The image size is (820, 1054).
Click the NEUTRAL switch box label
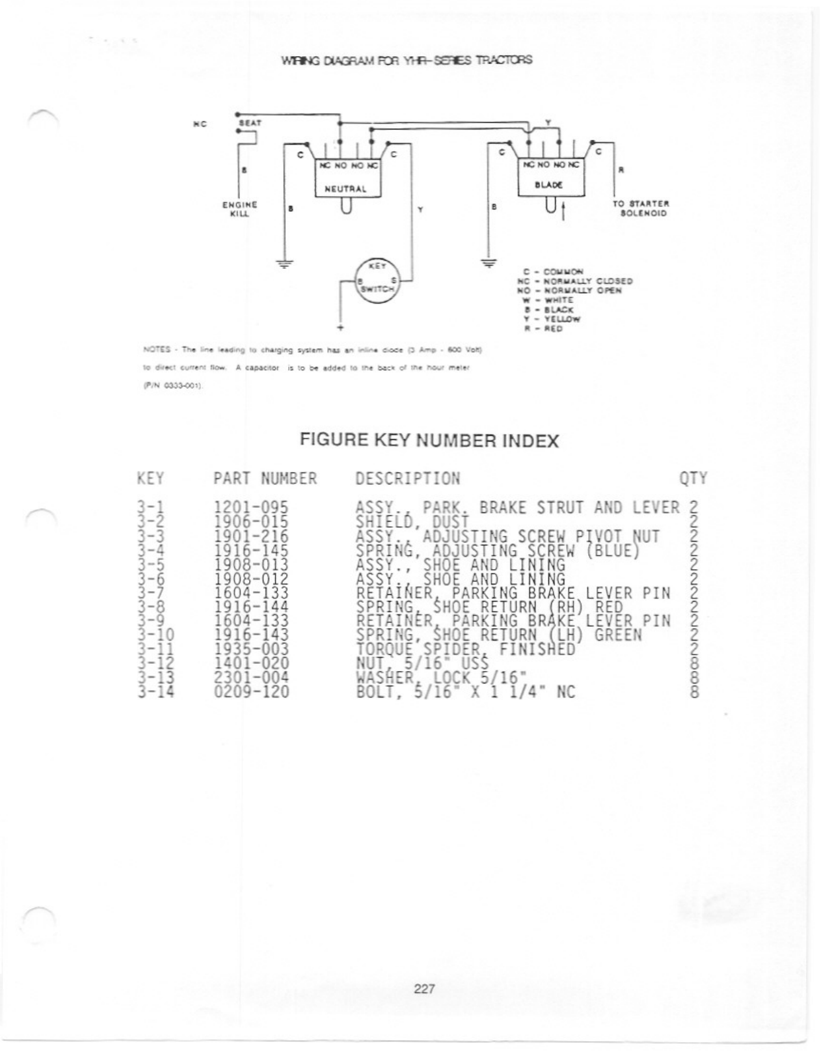tap(345, 188)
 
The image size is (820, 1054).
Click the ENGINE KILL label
tap(239, 209)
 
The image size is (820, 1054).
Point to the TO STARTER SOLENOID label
tap(640, 208)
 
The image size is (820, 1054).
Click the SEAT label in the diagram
tap(250, 123)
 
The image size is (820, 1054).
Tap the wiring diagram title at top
tap(406, 60)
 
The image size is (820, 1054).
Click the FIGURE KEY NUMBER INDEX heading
tap(429, 440)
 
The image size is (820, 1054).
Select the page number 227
tap(424, 989)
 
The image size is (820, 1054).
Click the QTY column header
tap(693, 478)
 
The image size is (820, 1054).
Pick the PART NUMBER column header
tap(265, 478)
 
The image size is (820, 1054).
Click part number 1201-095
tap(252, 508)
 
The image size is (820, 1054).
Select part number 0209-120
tap(252, 692)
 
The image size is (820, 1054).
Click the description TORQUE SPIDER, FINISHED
tap(465, 649)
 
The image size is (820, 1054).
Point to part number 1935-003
tap(252, 649)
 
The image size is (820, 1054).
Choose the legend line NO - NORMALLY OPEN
tap(569, 291)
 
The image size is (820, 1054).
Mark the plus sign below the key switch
tap(340, 327)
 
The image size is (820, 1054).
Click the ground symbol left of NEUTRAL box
tap(285, 263)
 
